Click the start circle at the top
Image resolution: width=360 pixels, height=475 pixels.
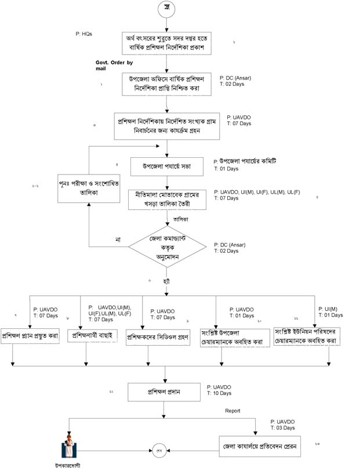pyautogui.click(x=166, y=10)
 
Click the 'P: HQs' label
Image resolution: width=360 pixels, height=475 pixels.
pyautogui.click(x=84, y=34)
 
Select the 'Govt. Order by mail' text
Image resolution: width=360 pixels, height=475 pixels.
pyautogui.click(x=114, y=65)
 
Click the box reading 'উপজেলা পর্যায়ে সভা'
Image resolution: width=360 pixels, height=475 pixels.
pyautogui.click(x=166, y=167)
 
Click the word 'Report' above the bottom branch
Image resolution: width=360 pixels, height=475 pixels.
pyautogui.click(x=232, y=411)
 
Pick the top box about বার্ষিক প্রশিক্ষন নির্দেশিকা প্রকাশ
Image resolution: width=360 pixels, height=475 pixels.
pyautogui.click(x=166, y=41)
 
